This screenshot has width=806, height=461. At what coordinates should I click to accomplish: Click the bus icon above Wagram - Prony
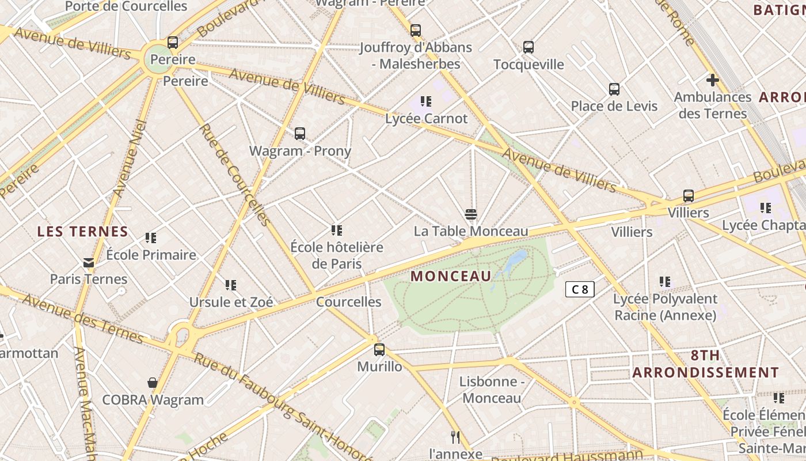[300, 134]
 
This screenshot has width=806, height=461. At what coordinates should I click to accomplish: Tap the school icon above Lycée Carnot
[426, 102]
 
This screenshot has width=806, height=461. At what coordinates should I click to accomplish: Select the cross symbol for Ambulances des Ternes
[713, 80]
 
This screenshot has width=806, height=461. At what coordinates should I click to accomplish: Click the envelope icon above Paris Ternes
[89, 263]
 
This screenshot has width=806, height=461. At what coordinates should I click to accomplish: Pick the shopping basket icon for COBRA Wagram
[153, 383]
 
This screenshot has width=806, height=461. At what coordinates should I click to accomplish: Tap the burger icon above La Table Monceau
[471, 215]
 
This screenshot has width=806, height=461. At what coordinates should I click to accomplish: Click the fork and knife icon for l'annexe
[455, 437]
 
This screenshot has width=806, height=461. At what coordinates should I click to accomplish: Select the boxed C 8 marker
[580, 289]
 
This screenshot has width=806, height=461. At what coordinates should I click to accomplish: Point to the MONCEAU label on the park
[451, 276]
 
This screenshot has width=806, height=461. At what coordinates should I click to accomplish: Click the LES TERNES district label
[83, 232]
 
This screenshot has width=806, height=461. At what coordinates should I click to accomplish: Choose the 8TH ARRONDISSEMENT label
[705, 364]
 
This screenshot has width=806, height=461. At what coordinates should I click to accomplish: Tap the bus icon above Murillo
[379, 349]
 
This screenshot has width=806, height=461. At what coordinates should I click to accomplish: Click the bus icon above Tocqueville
[529, 47]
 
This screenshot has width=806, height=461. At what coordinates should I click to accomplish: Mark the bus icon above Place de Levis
[614, 89]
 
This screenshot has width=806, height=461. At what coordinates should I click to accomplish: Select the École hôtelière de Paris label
[337, 255]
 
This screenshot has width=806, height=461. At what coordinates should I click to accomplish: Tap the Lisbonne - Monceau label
[492, 390]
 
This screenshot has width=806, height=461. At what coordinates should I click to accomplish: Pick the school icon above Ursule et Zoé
[231, 285]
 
